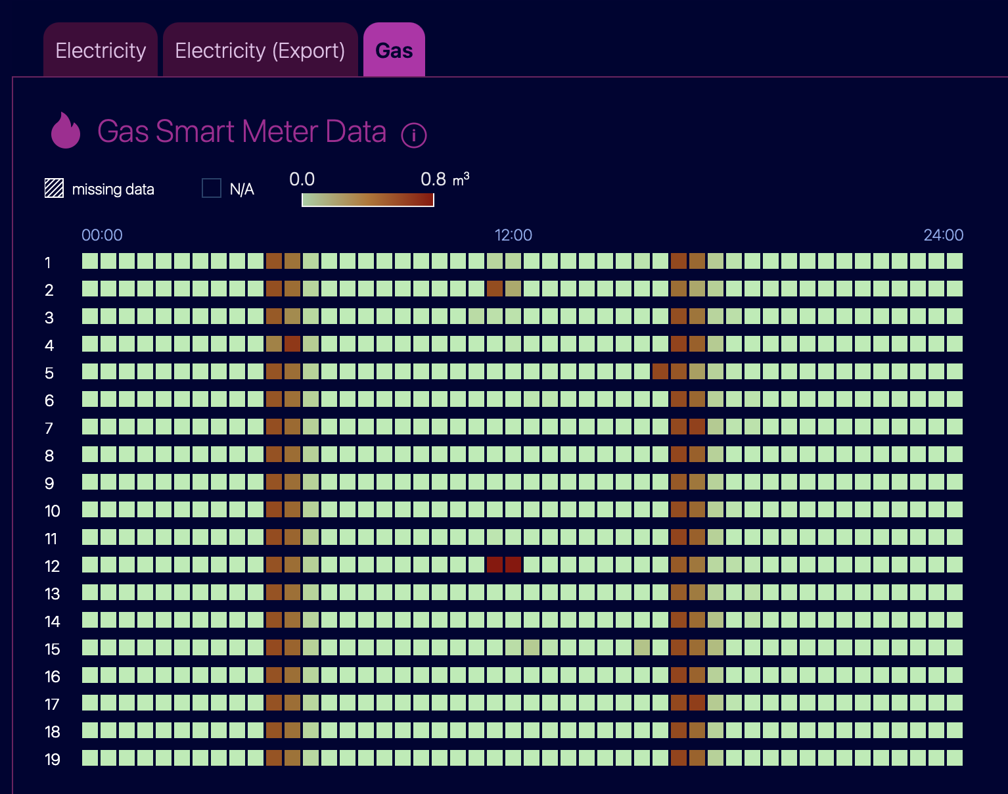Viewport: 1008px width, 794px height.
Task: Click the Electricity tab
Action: tap(101, 50)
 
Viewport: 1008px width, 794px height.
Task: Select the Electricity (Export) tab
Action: tap(260, 50)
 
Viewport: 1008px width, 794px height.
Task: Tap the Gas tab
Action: tap(394, 50)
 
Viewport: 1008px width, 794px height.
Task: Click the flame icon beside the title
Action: tap(66, 131)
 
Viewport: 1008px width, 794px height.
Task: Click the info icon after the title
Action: tap(413, 135)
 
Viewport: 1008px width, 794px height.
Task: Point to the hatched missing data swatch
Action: tap(55, 189)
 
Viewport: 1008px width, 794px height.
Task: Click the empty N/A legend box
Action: tap(211, 188)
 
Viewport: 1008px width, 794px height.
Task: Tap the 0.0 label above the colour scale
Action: tap(302, 179)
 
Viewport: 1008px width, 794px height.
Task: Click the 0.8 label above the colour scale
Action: tap(433, 179)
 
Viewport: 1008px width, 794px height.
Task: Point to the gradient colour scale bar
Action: tap(368, 200)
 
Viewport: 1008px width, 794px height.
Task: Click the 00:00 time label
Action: tap(102, 235)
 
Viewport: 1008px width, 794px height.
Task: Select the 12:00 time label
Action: tap(513, 235)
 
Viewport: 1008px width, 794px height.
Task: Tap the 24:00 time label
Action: tap(944, 235)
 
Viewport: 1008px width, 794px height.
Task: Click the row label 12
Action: tap(52, 566)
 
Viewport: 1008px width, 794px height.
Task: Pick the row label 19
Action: tap(52, 759)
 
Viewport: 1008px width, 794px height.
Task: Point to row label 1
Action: tap(48, 262)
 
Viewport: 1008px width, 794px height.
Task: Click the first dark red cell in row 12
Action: tap(495, 565)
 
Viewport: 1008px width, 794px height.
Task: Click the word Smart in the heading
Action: tap(194, 131)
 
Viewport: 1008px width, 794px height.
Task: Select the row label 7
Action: tap(49, 429)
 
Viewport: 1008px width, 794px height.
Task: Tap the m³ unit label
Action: tap(461, 179)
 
